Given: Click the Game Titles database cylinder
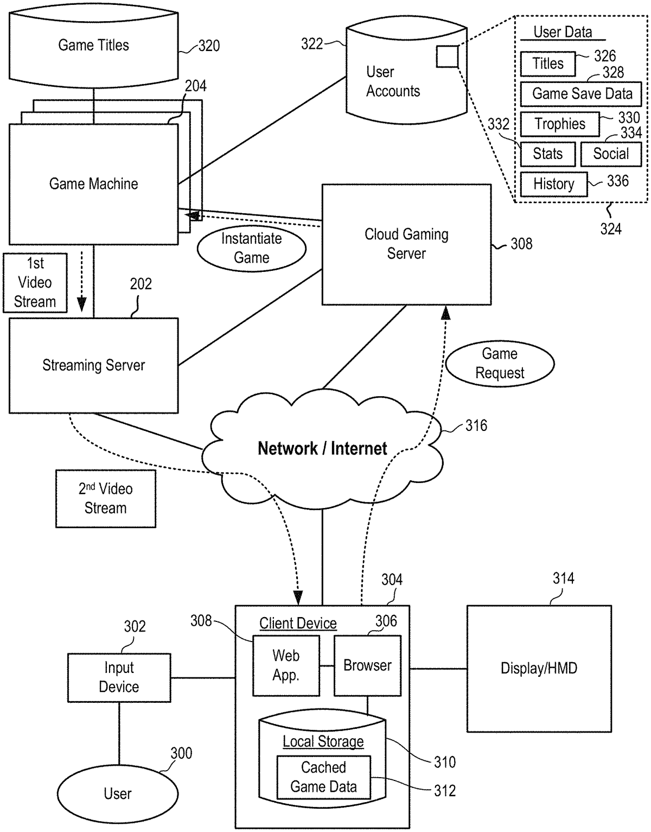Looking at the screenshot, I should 93,46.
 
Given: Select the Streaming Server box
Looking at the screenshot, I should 93,365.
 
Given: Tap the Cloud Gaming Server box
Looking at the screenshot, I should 406,244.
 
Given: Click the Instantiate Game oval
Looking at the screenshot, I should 251,248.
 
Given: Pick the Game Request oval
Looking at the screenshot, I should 500,364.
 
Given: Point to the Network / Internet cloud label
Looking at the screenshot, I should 322,449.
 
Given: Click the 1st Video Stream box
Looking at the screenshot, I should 35,283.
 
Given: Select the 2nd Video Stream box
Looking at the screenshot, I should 106,499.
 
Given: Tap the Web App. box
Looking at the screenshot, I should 286,665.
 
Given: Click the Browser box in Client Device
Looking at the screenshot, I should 367,665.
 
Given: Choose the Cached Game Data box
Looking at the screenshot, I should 323,777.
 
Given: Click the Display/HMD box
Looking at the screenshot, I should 539,668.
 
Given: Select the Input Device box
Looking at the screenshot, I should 119,677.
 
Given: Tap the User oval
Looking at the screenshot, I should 118,794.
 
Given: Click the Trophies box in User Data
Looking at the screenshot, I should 560,124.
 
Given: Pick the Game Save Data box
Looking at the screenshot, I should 581,94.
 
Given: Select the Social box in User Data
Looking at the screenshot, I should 611,154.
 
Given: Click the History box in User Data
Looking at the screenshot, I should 553,184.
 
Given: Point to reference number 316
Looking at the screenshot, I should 476,426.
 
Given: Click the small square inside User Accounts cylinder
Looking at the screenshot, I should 448,56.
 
